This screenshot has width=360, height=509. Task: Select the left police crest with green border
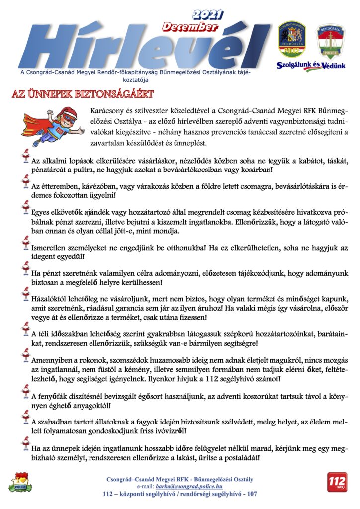point(291,40)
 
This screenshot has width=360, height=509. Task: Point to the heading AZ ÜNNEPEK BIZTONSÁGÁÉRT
point(82,94)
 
